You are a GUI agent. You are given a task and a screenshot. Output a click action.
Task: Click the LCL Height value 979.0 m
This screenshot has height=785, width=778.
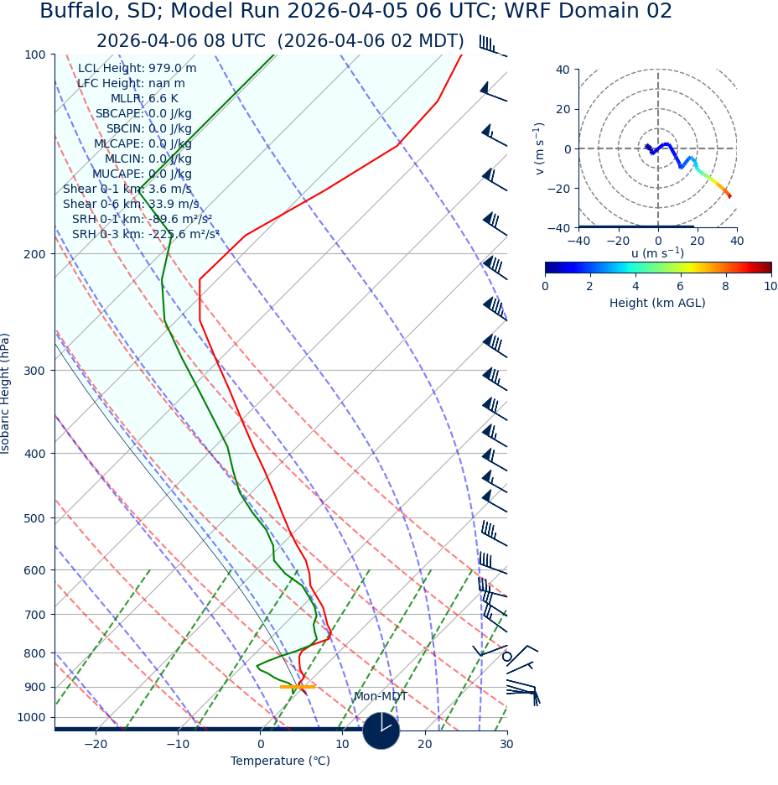click(x=172, y=68)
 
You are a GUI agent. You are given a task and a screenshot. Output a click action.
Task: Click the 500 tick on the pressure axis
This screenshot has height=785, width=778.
click(x=34, y=518)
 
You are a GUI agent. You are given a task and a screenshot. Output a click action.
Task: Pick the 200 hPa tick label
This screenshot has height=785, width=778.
click(x=34, y=253)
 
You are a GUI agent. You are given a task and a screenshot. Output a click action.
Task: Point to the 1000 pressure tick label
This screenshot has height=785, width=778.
click(x=31, y=717)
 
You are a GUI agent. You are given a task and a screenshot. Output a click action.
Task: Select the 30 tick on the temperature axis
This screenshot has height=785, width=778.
click(x=506, y=744)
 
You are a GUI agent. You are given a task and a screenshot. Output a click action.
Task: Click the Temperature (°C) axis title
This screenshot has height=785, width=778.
click(x=280, y=761)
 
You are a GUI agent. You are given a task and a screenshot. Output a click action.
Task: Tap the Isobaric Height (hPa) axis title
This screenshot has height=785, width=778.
click(x=6, y=393)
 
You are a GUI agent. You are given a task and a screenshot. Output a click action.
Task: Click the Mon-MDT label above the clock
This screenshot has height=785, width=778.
click(x=380, y=696)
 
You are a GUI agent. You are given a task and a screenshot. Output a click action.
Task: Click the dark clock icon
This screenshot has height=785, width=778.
click(x=381, y=730)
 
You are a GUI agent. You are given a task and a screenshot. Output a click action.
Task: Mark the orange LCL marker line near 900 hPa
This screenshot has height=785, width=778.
click(x=297, y=687)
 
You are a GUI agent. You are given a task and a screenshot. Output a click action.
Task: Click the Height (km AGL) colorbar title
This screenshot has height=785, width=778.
click(x=657, y=303)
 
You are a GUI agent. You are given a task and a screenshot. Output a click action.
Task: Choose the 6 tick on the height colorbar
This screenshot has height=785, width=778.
click(x=680, y=286)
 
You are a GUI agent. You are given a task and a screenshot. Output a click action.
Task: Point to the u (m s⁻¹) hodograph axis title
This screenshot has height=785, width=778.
click(x=657, y=253)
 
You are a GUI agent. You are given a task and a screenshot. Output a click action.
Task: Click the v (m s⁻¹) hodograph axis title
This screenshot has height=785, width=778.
click(x=539, y=148)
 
